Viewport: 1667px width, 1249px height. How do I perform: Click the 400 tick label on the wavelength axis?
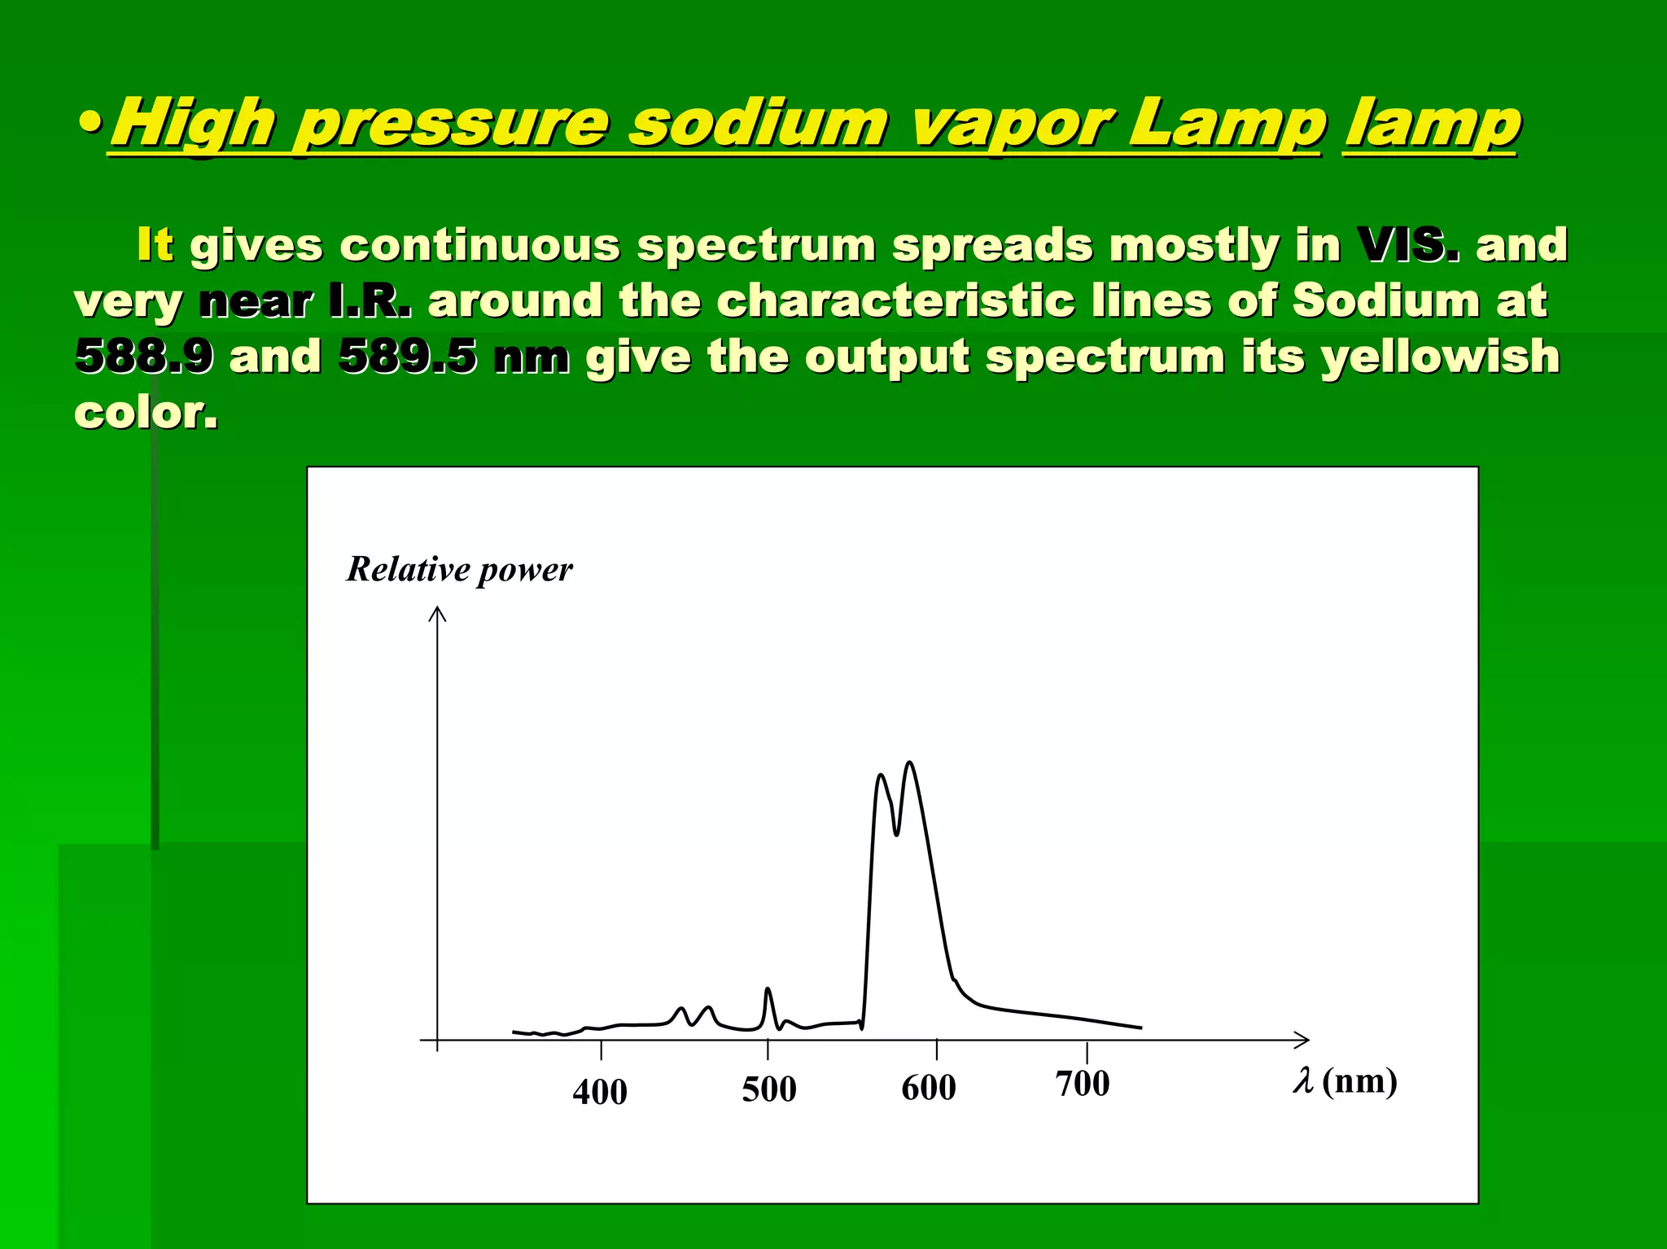(600, 1092)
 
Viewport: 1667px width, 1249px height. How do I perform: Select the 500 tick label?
(768, 1089)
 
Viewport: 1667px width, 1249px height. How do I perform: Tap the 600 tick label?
(928, 1088)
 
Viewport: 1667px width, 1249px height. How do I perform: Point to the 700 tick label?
(1082, 1084)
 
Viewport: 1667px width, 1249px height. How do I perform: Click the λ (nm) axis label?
(1345, 1081)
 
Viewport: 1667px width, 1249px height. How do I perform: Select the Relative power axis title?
(459, 569)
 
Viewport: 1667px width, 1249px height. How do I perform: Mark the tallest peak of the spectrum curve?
(909, 763)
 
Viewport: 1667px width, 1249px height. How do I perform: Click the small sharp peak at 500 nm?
(768, 989)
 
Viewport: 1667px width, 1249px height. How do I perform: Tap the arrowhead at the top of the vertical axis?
(438, 612)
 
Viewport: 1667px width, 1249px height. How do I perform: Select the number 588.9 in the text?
(144, 356)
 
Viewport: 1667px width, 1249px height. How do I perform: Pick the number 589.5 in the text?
(407, 356)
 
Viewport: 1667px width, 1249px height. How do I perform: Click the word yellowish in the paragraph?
(1440, 356)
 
